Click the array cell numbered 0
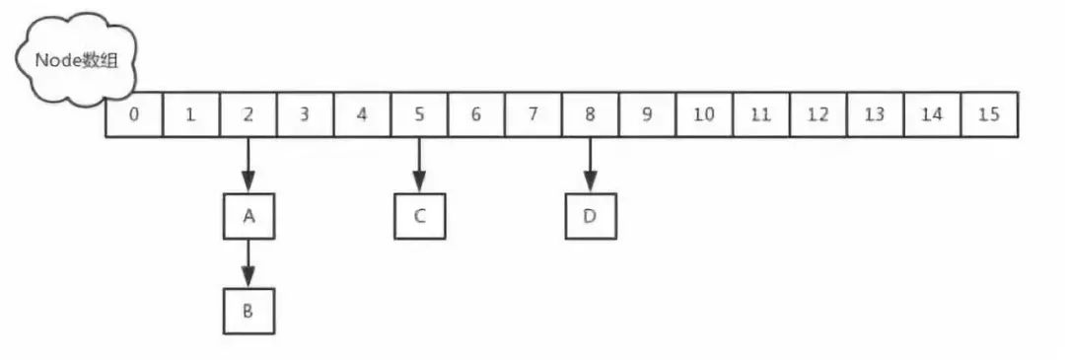[x=133, y=114]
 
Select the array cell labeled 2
[x=248, y=114]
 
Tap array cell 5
[x=419, y=114]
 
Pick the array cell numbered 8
[x=590, y=114]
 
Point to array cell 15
[x=989, y=114]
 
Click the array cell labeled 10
[x=703, y=114]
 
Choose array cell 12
[x=817, y=114]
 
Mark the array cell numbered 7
[x=532, y=114]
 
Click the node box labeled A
[x=248, y=216]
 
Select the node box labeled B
[x=248, y=311]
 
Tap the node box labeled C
[x=419, y=216]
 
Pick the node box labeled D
[x=590, y=216]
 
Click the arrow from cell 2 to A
[x=248, y=164]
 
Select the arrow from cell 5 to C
[x=419, y=164]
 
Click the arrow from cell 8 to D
[x=590, y=164]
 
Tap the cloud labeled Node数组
[x=77, y=60]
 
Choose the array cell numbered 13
[x=875, y=114]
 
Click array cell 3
[x=305, y=114]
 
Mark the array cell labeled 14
[x=932, y=114]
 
